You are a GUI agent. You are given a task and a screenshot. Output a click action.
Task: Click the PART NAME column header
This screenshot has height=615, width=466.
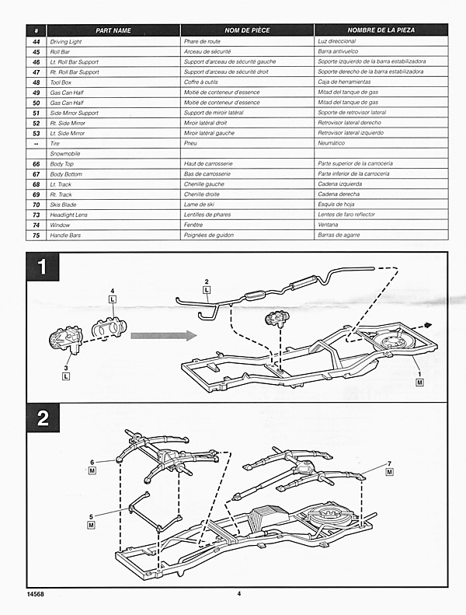coord(113,30)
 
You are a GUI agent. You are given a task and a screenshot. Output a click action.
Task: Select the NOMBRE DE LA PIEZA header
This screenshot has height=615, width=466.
coord(381,30)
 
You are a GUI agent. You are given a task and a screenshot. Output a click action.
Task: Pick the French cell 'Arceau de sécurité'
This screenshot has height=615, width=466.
coord(205,51)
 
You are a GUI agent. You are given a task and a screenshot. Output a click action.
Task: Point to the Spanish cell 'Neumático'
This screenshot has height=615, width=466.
coord(332,143)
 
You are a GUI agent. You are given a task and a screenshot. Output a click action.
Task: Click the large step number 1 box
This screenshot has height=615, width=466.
coord(43,270)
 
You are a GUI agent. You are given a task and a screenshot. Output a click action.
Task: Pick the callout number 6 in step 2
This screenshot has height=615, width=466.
coord(92,461)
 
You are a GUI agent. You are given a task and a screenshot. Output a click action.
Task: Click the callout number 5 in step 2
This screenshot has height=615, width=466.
coord(92,515)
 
